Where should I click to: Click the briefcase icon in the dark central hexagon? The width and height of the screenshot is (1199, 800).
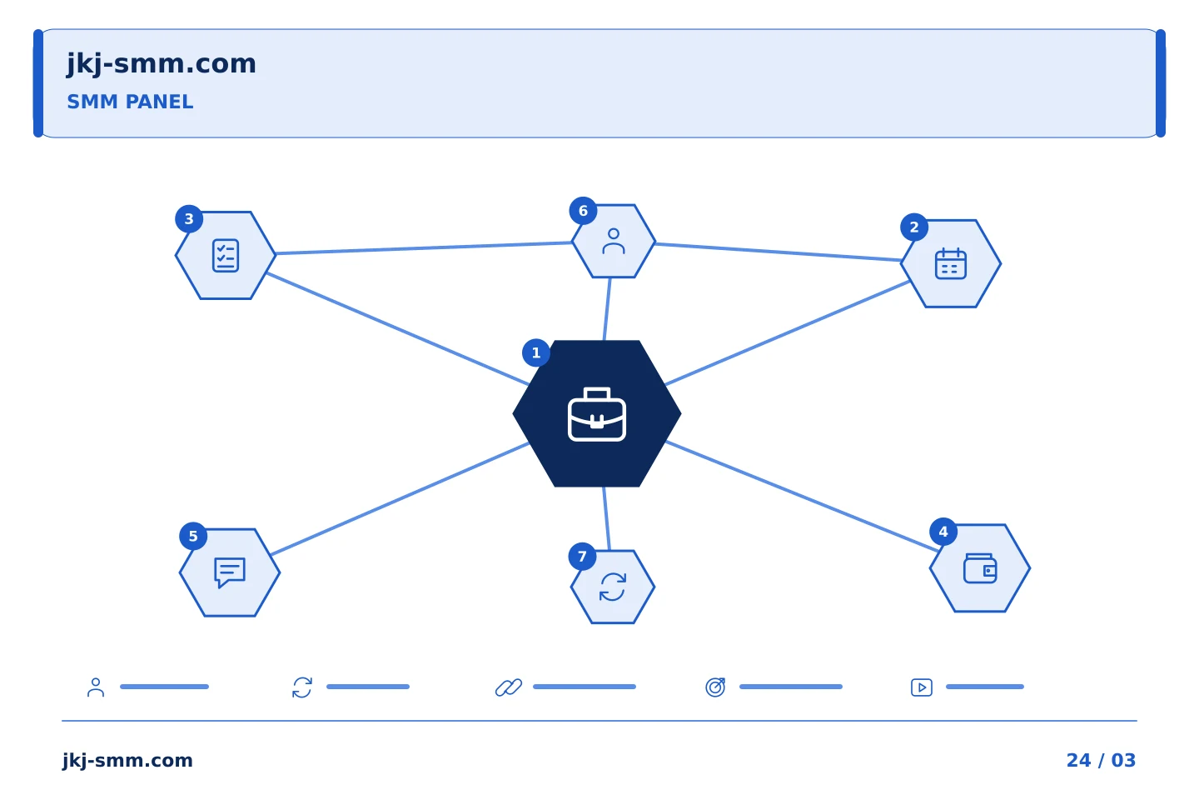click(x=597, y=414)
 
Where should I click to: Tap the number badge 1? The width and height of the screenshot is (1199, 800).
click(x=536, y=353)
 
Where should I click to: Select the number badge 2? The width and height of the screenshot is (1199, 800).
click(x=914, y=227)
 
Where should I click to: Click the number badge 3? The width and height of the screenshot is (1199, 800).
click(x=189, y=219)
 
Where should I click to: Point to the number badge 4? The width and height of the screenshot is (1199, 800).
click(x=943, y=532)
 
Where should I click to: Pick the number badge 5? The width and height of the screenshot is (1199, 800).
click(x=193, y=536)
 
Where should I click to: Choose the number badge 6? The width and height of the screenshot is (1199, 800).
click(x=583, y=211)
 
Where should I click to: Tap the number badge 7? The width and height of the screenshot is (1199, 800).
click(x=582, y=557)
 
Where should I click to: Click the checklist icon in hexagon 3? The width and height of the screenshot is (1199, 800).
click(x=226, y=256)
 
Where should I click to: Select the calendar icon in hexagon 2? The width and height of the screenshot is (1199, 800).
click(x=951, y=263)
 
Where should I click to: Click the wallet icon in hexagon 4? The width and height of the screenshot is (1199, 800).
click(x=980, y=568)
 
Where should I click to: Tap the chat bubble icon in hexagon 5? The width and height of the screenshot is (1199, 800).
click(x=230, y=572)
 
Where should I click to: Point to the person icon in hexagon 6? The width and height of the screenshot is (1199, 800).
click(x=614, y=241)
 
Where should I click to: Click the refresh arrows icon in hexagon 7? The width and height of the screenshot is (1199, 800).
click(x=613, y=587)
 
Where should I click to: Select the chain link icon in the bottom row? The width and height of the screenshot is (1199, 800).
click(x=509, y=687)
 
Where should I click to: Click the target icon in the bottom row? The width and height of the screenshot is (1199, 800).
click(x=715, y=687)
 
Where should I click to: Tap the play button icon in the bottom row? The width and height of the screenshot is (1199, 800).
click(x=922, y=687)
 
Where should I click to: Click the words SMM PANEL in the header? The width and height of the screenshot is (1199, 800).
click(x=130, y=102)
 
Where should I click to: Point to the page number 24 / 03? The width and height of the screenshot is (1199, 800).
click(x=1101, y=760)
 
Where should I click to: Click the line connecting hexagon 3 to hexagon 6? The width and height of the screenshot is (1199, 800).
click(x=424, y=248)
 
